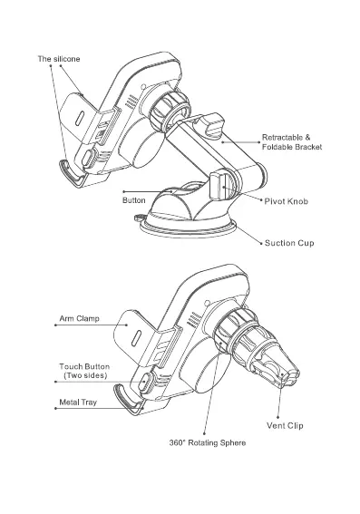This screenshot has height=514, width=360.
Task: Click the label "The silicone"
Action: click(x=59, y=59)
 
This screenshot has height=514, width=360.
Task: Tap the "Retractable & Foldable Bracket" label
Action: click(x=292, y=142)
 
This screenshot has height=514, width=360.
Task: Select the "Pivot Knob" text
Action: click(x=287, y=201)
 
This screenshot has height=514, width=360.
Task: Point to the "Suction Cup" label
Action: click(x=289, y=243)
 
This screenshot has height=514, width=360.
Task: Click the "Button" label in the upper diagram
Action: click(x=134, y=200)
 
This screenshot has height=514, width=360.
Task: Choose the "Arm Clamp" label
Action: click(x=79, y=318)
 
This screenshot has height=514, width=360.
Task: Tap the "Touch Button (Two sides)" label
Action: click(x=84, y=371)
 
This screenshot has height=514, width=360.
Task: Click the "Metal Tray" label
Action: click(x=78, y=402)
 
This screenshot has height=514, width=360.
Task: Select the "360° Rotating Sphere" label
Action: click(x=208, y=442)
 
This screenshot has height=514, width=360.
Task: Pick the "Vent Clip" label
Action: click(x=285, y=425)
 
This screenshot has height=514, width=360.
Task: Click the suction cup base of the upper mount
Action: click(x=188, y=227)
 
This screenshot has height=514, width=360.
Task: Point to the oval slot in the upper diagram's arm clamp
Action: click(x=80, y=119)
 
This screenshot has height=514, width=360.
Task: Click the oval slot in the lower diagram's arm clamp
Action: click(x=136, y=338)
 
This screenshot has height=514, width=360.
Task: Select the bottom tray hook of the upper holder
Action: click(x=73, y=174)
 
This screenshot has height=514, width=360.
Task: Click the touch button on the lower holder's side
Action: click(x=144, y=382)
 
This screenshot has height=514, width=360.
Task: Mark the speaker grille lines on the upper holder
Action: click(x=132, y=102)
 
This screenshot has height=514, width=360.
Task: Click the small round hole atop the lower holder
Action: click(x=207, y=303)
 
